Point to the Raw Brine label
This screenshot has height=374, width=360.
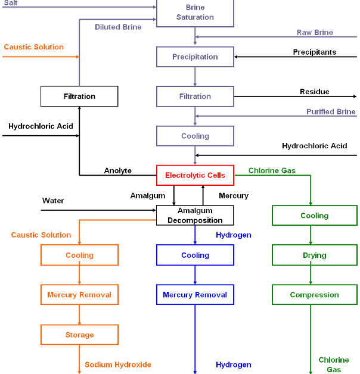(315, 32)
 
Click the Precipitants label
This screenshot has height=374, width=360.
(315, 52)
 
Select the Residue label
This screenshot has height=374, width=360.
(315, 92)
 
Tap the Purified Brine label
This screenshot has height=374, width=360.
(331, 111)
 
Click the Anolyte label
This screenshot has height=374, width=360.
(117, 170)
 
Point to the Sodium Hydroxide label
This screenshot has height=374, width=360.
(118, 364)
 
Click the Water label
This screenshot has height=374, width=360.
(53, 201)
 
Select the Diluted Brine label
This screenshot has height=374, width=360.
(118, 27)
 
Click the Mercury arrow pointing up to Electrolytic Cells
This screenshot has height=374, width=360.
(203, 195)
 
